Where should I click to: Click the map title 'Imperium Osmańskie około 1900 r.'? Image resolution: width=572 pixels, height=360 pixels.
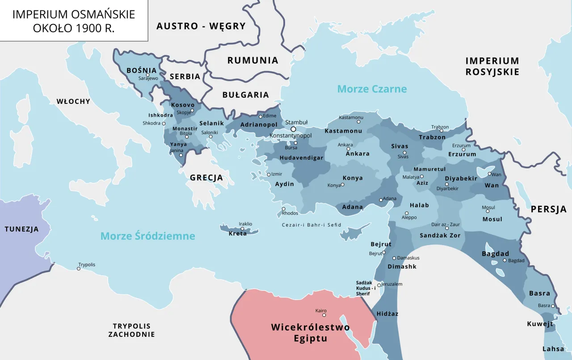(x=74, y=21)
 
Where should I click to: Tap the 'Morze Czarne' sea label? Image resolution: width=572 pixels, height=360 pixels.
(x=372, y=89)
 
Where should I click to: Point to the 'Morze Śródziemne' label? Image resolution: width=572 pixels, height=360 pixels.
(x=147, y=236)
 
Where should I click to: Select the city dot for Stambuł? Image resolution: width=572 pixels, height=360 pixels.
(x=293, y=129)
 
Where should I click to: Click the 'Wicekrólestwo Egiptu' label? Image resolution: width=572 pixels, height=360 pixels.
(x=310, y=333)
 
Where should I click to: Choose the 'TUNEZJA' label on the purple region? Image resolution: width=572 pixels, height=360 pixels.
(x=21, y=229)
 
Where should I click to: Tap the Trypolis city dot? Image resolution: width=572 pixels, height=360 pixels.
(x=79, y=269)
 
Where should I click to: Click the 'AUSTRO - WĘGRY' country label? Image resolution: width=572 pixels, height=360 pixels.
(x=201, y=26)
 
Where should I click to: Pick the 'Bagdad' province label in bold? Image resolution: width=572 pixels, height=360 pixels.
(x=495, y=254)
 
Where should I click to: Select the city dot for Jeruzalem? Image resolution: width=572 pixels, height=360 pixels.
(x=379, y=285)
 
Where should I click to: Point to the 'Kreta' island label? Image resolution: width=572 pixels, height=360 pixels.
(x=237, y=233)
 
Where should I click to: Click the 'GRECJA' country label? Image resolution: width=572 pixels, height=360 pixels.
(x=206, y=178)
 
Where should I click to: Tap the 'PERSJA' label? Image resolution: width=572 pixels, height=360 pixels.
(x=548, y=209)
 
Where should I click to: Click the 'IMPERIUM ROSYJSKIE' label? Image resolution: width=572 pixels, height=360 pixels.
(x=492, y=66)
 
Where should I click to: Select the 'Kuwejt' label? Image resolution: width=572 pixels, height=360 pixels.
(x=539, y=324)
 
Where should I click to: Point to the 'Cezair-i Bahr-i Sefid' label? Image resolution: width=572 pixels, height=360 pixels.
(x=311, y=225)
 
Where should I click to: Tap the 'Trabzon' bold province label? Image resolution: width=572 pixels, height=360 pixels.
(x=432, y=137)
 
